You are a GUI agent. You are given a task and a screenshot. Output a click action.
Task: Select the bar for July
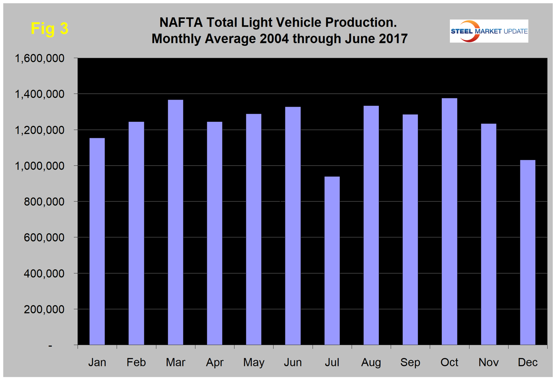[332, 260]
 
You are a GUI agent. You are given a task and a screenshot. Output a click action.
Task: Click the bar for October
[449, 221]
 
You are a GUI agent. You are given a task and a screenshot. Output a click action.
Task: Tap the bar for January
[97, 241]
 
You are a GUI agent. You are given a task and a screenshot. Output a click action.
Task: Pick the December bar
[527, 252]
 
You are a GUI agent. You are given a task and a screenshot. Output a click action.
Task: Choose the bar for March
[175, 222]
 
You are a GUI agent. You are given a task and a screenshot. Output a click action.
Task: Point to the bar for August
[371, 225]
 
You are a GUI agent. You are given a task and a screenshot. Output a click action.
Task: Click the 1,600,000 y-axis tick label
[39, 59]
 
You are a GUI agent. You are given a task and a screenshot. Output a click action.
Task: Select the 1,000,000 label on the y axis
[39, 166]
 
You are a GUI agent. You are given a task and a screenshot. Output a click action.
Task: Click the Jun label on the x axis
[293, 362]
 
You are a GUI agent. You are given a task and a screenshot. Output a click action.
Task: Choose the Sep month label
[410, 362]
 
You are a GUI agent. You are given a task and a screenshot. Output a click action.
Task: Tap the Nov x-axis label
[488, 362]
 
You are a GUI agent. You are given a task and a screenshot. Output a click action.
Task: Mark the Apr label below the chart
[215, 362]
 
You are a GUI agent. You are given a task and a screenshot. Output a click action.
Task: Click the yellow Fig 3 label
[50, 29]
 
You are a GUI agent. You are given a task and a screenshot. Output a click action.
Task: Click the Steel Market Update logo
[489, 31]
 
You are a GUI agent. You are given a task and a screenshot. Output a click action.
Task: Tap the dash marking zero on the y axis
[50, 346]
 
